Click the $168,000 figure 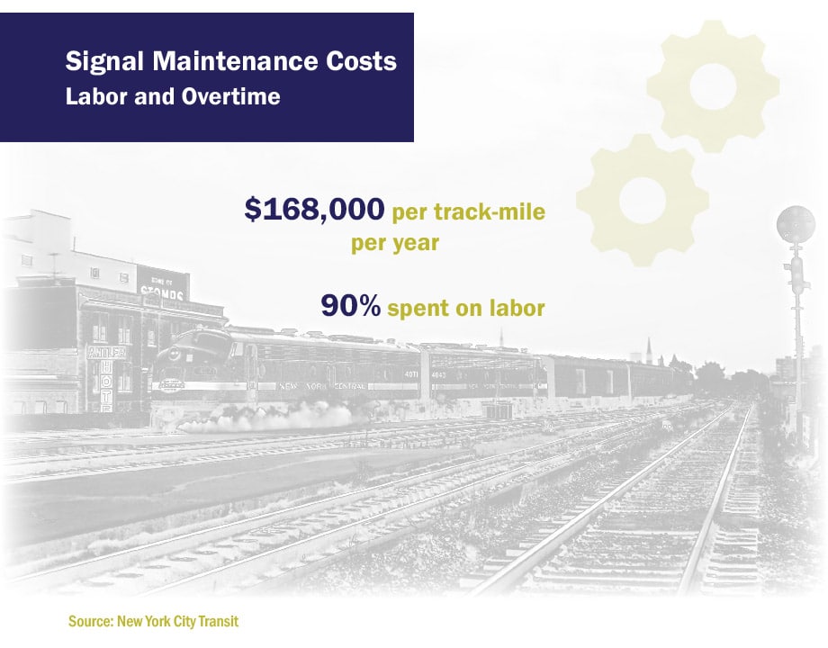(315, 211)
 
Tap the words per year (394, 243)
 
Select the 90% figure (351, 306)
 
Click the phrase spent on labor (466, 308)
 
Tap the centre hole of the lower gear (642, 197)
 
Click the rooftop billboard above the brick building (163, 283)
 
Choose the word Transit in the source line (218, 621)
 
